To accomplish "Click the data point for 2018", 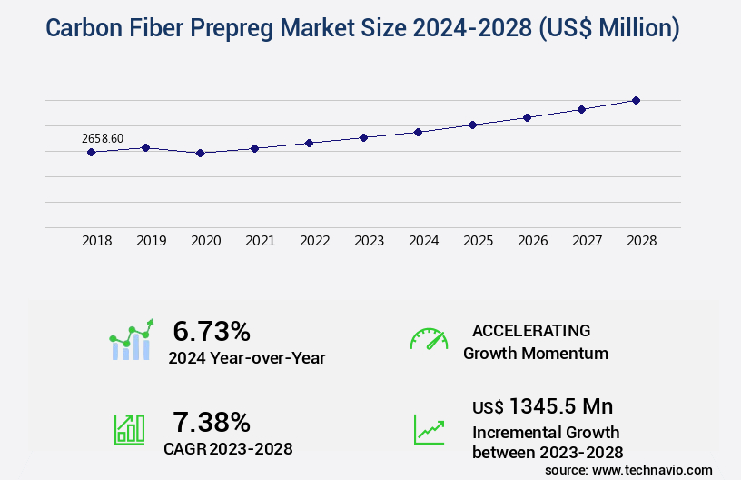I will point(91,152).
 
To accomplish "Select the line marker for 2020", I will point(200,153).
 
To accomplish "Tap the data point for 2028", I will point(636,100).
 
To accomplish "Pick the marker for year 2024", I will point(418,132).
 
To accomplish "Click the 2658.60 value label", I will point(103,138).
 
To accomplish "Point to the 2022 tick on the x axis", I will point(314,241).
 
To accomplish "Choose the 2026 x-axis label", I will point(532,241).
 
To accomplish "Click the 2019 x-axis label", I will point(151,241).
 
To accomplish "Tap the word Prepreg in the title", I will point(250,28).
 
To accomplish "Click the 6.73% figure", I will point(212,331).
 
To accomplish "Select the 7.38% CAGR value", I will point(212,422).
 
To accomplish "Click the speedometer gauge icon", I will point(429,339).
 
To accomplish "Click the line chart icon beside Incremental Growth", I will point(429,429).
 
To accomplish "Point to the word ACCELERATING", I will point(531,330).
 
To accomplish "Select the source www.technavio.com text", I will point(628,469).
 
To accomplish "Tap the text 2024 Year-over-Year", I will point(246,358).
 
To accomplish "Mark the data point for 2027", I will point(581,109).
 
